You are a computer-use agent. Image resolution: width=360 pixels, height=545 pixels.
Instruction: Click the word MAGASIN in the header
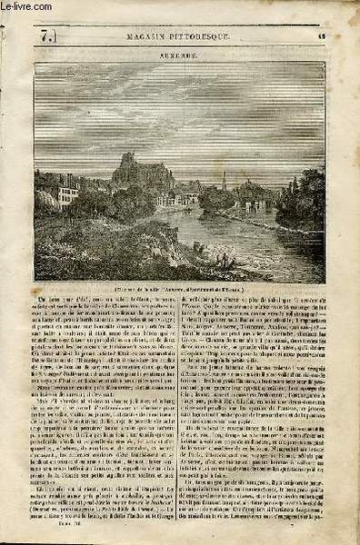tap(135, 35)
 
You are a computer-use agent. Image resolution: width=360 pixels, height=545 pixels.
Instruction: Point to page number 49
tap(323, 34)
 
